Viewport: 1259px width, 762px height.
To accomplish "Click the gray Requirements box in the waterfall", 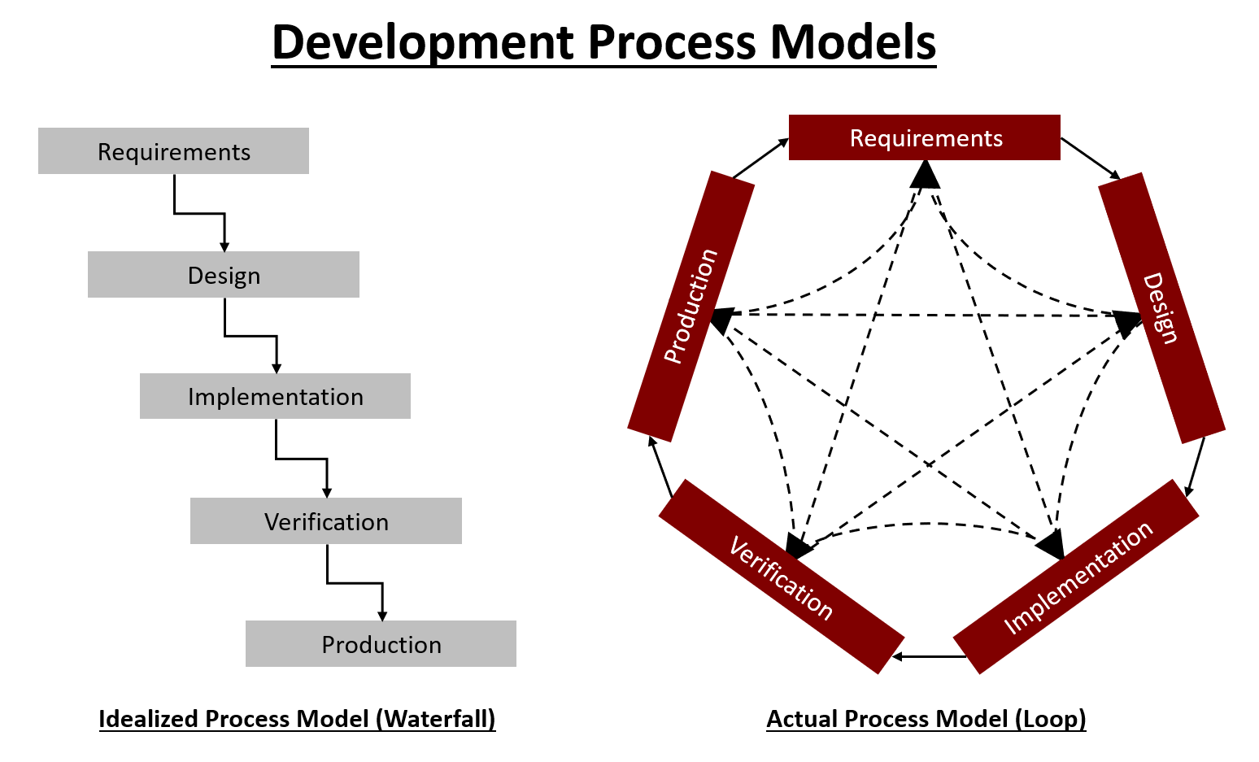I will (x=173, y=151).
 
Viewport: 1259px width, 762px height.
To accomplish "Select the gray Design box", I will (x=224, y=275).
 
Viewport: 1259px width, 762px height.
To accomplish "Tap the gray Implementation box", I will (x=275, y=397).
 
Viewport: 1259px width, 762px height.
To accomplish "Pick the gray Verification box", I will (x=326, y=521).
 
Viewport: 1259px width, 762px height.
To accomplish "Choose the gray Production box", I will (x=381, y=644).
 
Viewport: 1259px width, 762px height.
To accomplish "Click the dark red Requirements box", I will (x=925, y=137).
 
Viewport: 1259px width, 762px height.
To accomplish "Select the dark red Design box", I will (x=1161, y=307).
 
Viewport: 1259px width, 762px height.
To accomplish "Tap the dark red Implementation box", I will (x=1075, y=577).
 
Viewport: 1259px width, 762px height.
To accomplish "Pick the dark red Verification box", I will (x=781, y=577).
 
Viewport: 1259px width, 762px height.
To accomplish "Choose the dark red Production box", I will (x=690, y=307).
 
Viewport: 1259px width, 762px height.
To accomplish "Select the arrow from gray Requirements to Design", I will (x=200, y=214).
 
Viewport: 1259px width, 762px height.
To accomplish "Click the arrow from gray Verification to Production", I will (x=355, y=583).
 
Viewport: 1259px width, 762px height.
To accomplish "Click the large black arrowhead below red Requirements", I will (x=925, y=173).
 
